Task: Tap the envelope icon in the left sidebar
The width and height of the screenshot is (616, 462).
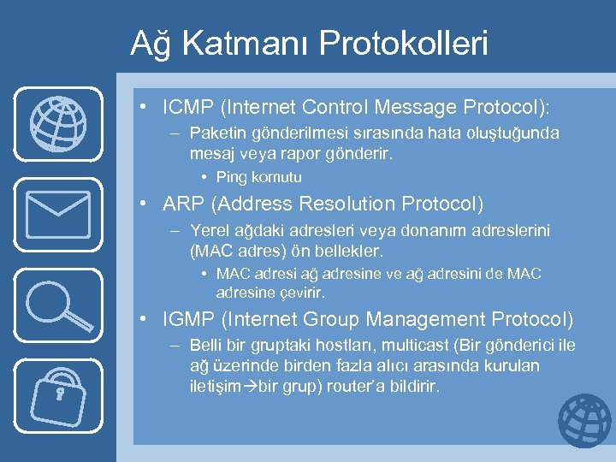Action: (x=57, y=213)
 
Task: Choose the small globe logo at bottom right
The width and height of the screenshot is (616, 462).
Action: (x=585, y=421)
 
